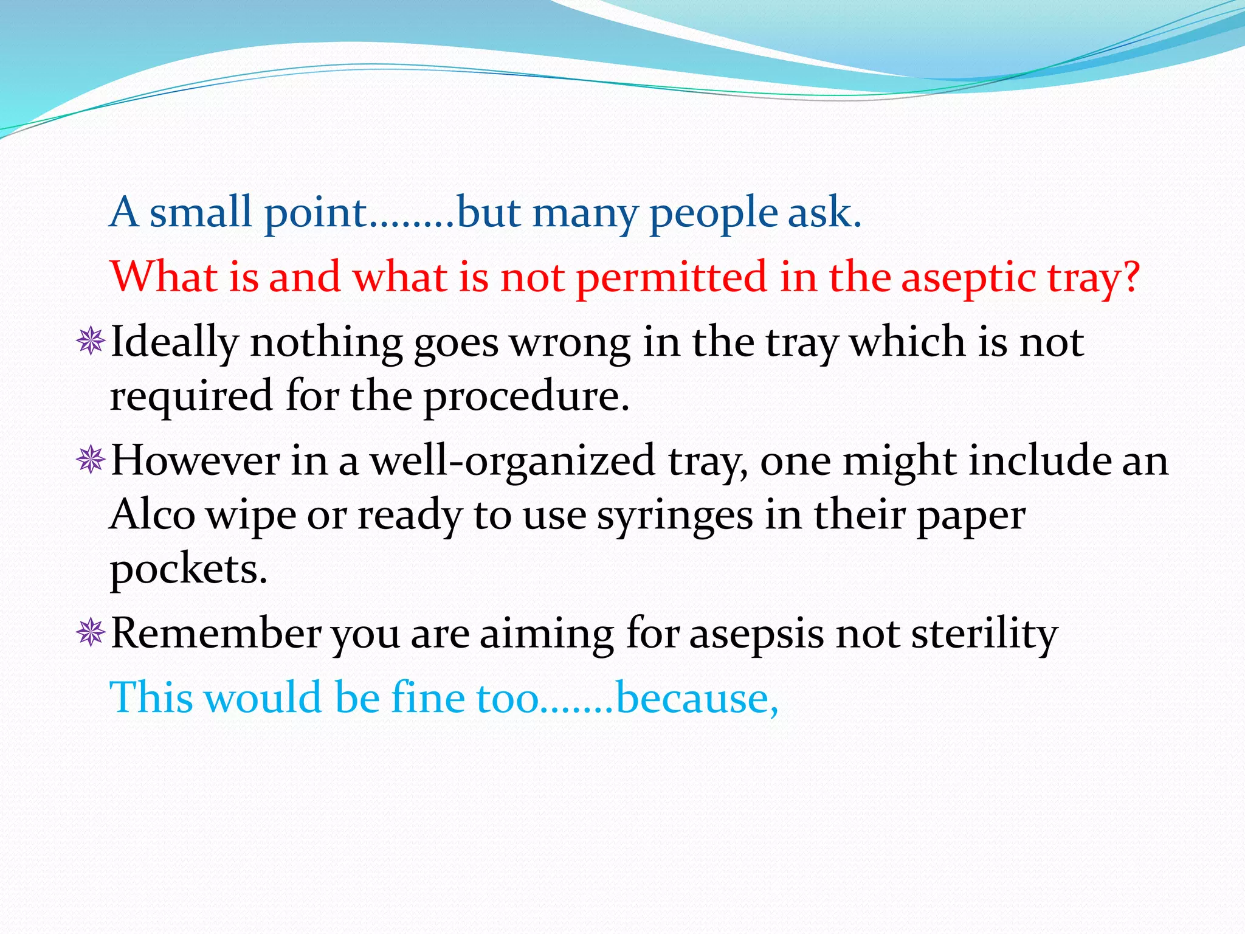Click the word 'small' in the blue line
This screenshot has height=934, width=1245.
200,213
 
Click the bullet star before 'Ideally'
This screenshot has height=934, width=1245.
91,341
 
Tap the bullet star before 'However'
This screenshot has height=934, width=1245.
91,460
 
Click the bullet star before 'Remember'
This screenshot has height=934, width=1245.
91,633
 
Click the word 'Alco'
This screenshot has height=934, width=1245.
153,515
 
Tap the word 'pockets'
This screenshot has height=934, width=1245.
186,570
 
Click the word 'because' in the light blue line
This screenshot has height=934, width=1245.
694,698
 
